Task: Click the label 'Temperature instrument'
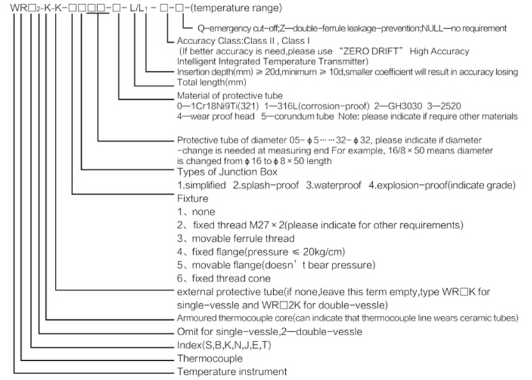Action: click(231, 372)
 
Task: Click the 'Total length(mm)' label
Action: click(212, 83)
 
